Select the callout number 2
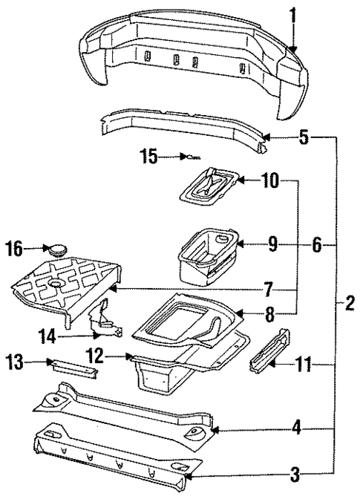[348, 303]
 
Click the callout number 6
[316, 244]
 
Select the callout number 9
[273, 244]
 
